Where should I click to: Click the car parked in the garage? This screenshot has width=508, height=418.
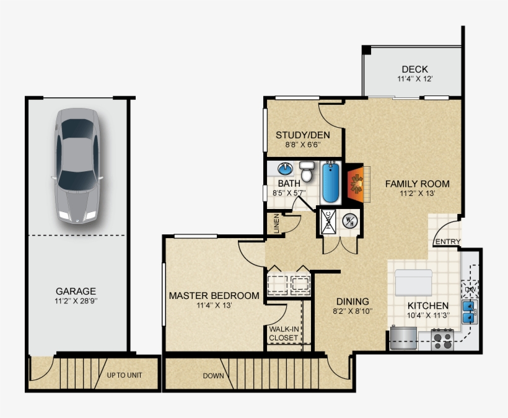click(x=77, y=166)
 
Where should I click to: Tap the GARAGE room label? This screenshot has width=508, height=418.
click(x=76, y=291)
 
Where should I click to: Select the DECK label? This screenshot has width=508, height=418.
click(x=414, y=69)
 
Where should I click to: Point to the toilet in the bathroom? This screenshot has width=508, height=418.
click(x=307, y=172)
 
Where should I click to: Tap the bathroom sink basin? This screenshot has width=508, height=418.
click(x=285, y=168)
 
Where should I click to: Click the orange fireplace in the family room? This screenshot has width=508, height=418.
click(x=356, y=184)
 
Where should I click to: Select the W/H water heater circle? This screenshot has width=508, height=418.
click(x=349, y=222)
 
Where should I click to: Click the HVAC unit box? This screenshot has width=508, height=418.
click(x=328, y=222)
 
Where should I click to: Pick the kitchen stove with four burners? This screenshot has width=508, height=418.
click(x=442, y=339)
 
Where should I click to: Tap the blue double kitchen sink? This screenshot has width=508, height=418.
click(x=469, y=313)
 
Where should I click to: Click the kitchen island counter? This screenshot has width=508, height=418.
click(x=413, y=282)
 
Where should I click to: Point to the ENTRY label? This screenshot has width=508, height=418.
click(x=448, y=242)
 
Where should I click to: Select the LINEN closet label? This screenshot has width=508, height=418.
click(x=276, y=224)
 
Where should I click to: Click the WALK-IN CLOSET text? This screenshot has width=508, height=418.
click(x=284, y=334)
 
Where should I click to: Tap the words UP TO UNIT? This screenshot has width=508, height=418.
click(x=125, y=375)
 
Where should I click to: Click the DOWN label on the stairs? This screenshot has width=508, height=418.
click(x=213, y=376)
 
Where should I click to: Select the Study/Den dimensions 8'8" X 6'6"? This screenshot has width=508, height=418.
click(x=302, y=145)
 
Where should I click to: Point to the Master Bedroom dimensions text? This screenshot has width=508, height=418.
click(x=214, y=305)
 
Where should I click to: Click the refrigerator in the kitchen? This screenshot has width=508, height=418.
click(x=403, y=337)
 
